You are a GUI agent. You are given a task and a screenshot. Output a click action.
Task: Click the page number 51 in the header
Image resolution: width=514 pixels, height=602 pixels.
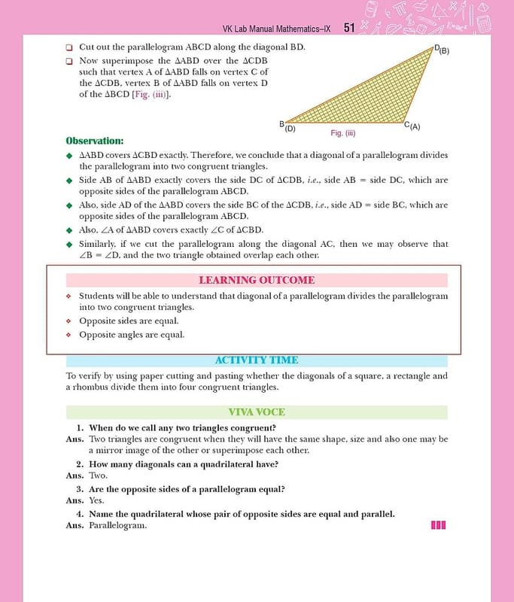(x=349, y=28)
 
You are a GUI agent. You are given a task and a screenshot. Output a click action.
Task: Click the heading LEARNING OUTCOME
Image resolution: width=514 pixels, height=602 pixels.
(x=257, y=280)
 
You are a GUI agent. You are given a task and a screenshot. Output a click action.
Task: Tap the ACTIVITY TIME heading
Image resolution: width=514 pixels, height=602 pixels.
(x=257, y=360)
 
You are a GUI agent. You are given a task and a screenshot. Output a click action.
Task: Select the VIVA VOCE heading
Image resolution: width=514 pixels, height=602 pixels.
(x=257, y=412)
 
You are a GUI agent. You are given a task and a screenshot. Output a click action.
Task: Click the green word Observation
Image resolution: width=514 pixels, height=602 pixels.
(x=94, y=141)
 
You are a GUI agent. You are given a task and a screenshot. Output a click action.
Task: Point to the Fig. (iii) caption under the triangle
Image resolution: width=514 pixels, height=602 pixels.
(x=342, y=132)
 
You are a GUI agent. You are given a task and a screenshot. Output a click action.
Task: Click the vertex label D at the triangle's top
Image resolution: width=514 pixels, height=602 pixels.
(x=437, y=48)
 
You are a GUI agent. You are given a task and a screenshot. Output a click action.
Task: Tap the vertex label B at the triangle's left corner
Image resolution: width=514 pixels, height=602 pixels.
(x=282, y=123)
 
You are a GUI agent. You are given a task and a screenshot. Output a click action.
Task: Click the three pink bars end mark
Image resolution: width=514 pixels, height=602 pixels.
(x=439, y=524)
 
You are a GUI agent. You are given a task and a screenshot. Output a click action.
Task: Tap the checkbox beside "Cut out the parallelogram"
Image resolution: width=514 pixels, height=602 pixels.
(x=68, y=48)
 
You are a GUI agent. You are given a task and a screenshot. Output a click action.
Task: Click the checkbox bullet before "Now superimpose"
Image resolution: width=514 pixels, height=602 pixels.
(x=68, y=61)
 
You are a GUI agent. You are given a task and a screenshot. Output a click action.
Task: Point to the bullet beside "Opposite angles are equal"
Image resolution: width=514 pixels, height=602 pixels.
(x=68, y=335)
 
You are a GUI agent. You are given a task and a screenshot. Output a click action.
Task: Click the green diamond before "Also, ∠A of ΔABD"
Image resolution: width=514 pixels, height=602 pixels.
(x=68, y=230)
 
